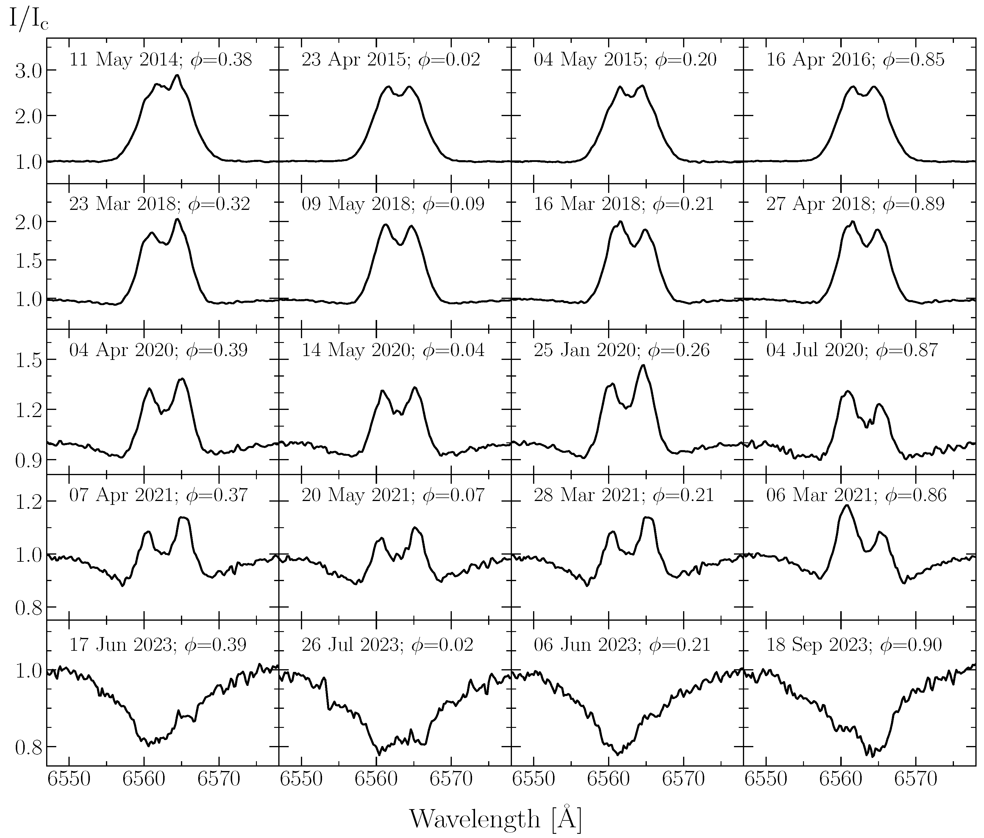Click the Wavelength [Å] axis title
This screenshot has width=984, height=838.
[495, 817]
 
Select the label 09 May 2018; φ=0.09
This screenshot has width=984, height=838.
[393, 204]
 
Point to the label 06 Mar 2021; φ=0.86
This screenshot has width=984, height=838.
[856, 495]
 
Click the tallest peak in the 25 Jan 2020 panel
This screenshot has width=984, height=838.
[643, 365]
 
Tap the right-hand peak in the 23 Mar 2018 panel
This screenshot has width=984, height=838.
[177, 219]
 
